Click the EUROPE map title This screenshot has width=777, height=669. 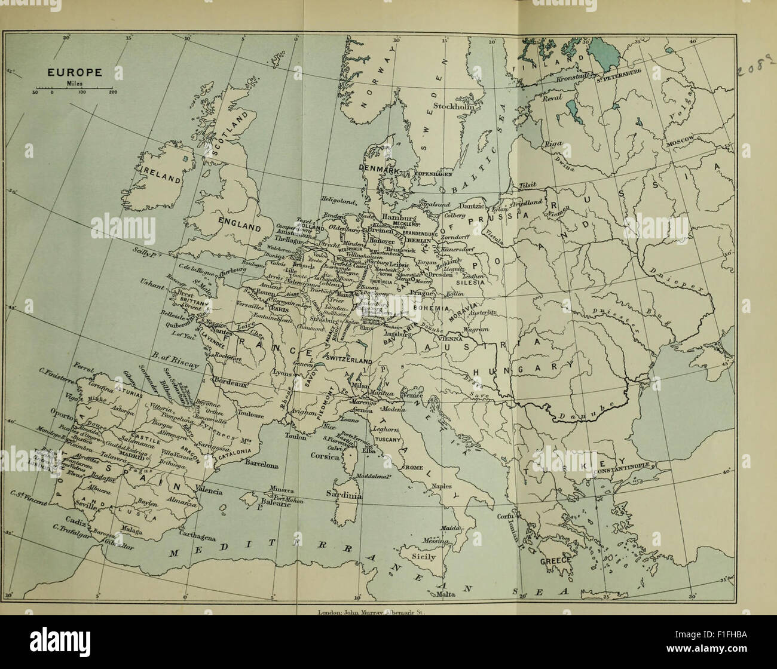(x=75, y=73)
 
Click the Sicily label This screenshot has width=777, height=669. (x=423, y=557)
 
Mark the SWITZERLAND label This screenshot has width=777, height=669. (x=350, y=358)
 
